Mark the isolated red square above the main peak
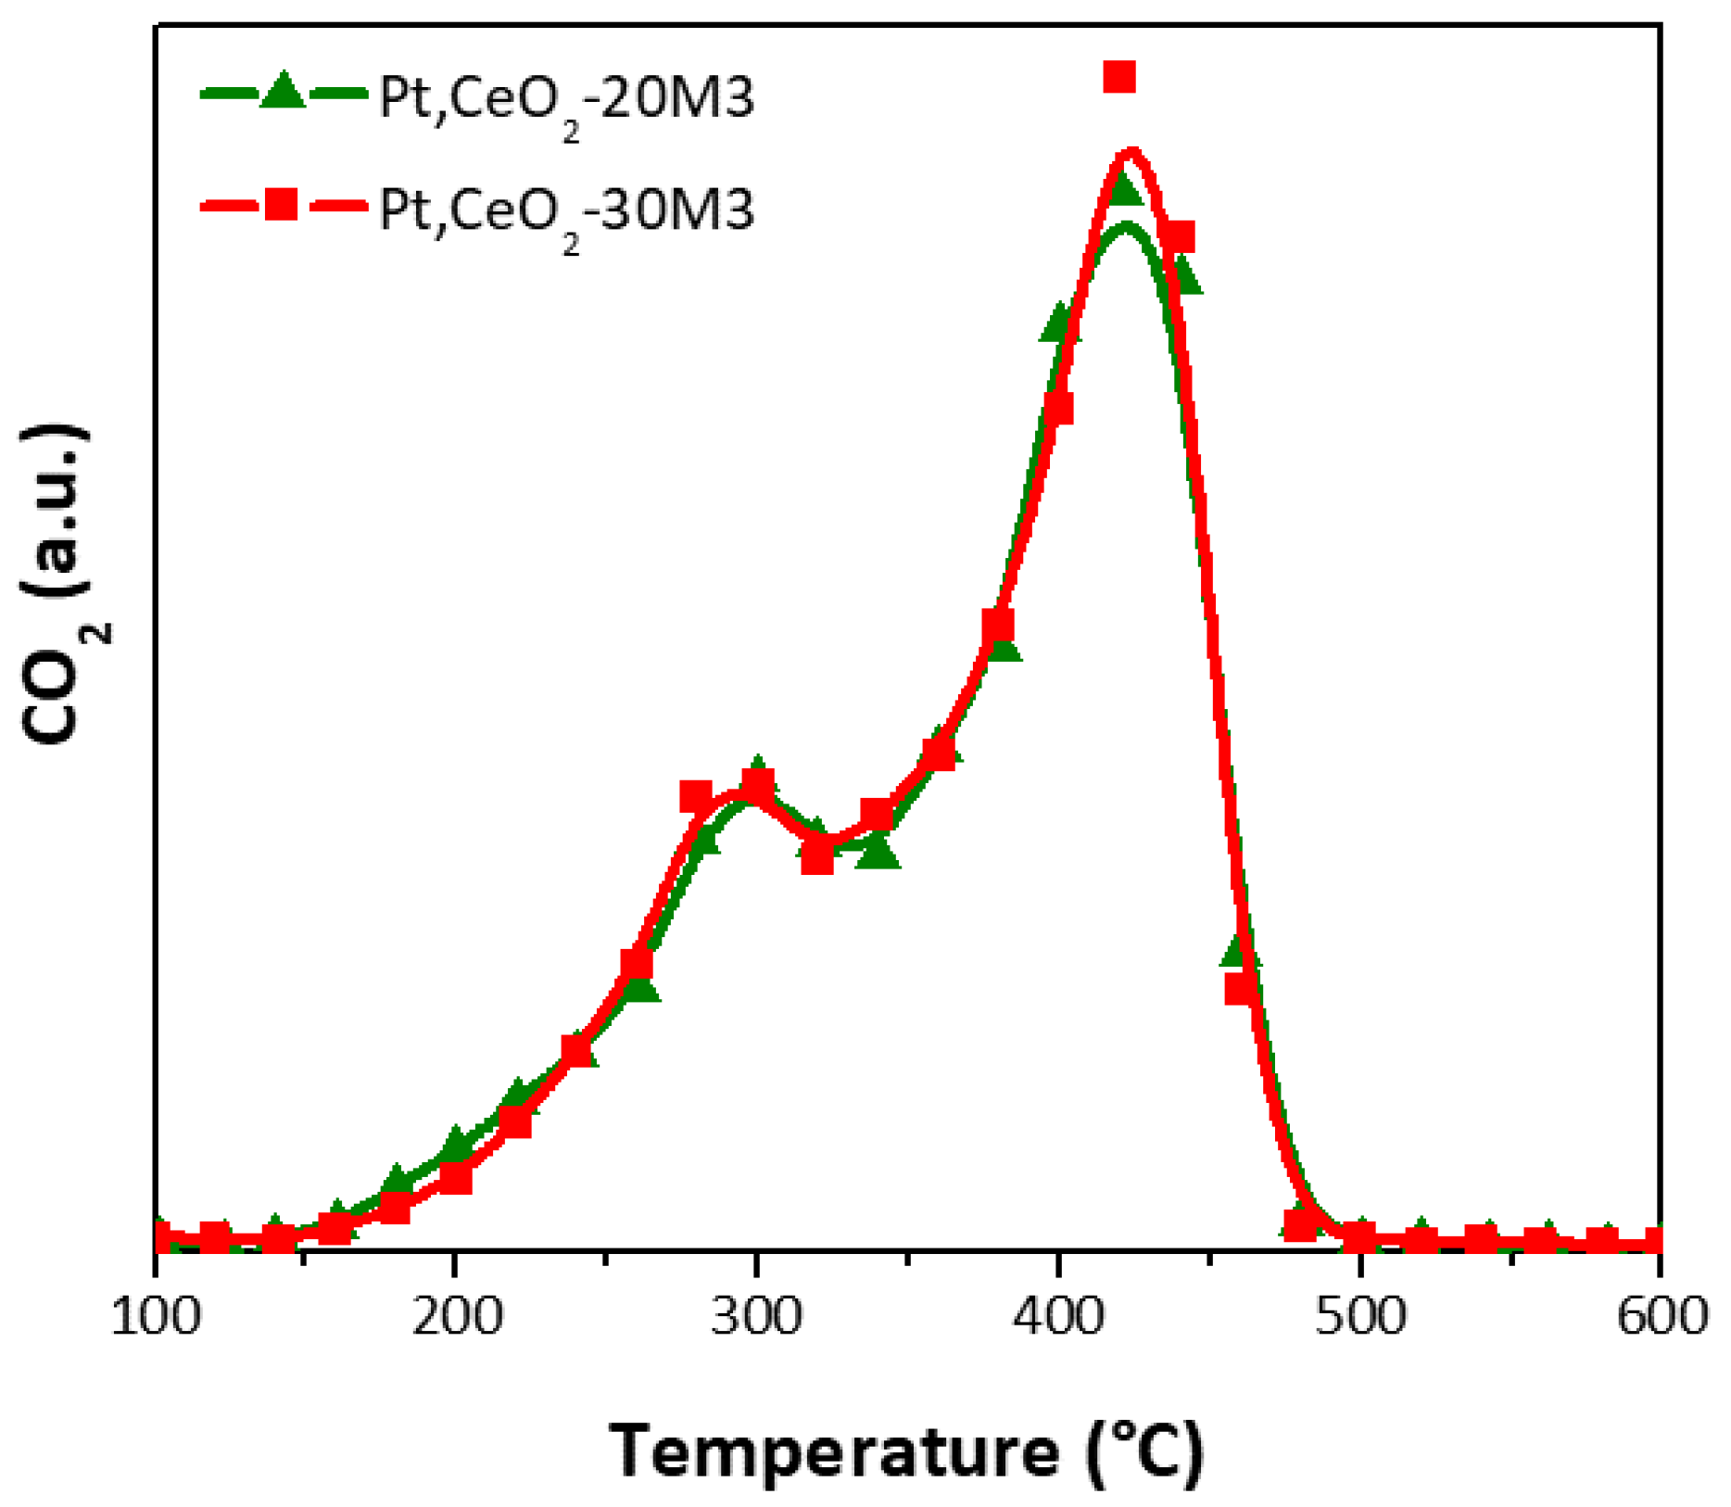click(1119, 77)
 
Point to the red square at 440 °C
click(1180, 237)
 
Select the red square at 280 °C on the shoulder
click(696, 796)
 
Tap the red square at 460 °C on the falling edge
click(1241, 989)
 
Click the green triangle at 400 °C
click(1058, 323)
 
